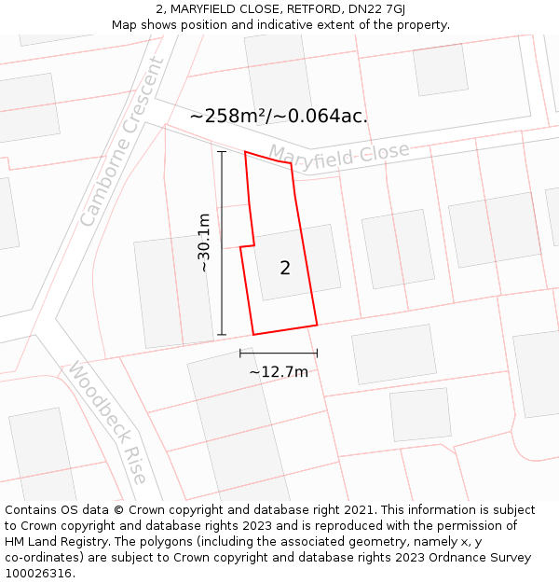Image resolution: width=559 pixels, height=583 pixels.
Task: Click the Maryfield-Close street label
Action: [339, 156]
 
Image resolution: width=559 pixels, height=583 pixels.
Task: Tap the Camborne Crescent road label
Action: [121, 142]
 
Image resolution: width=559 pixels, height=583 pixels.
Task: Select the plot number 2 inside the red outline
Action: [285, 269]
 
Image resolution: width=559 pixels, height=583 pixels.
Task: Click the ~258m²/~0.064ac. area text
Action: [279, 117]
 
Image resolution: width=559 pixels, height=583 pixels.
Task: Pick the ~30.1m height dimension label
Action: [203, 243]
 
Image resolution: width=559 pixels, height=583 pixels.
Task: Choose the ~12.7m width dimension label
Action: [279, 372]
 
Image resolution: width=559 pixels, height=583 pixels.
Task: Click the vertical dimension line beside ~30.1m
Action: [222, 243]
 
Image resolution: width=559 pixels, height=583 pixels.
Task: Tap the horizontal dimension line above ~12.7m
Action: [279, 353]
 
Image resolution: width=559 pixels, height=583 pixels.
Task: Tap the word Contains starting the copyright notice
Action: [34, 510]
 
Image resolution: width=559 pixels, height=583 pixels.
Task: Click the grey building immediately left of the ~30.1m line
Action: [174, 292]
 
